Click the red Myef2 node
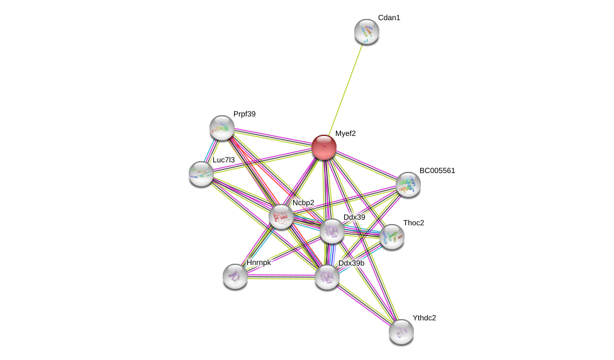pyautogui.click(x=324, y=147)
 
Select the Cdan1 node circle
pyautogui.click(x=367, y=31)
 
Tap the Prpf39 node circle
pyautogui.click(x=222, y=128)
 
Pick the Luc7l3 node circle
pyautogui.click(x=201, y=174)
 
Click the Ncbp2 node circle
pyautogui.click(x=281, y=217)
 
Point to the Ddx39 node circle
pyautogui.click(x=332, y=231)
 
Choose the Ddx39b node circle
pyautogui.click(x=327, y=277)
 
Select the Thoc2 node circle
pyautogui.click(x=391, y=237)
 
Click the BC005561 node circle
pyautogui.click(x=408, y=184)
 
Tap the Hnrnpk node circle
pyautogui.click(x=235, y=276)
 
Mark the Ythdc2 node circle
pyautogui.click(x=401, y=332)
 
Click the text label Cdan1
pyautogui.click(x=389, y=18)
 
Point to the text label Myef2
pyautogui.click(x=345, y=133)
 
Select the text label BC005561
pyautogui.click(x=437, y=171)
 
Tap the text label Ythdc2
pyautogui.click(x=424, y=318)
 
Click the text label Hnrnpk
pyautogui.click(x=259, y=262)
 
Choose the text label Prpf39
pyautogui.click(x=244, y=114)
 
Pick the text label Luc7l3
pyautogui.click(x=223, y=160)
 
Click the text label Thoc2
pyautogui.click(x=413, y=223)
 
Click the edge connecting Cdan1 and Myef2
pyautogui.click(x=345, y=89)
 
